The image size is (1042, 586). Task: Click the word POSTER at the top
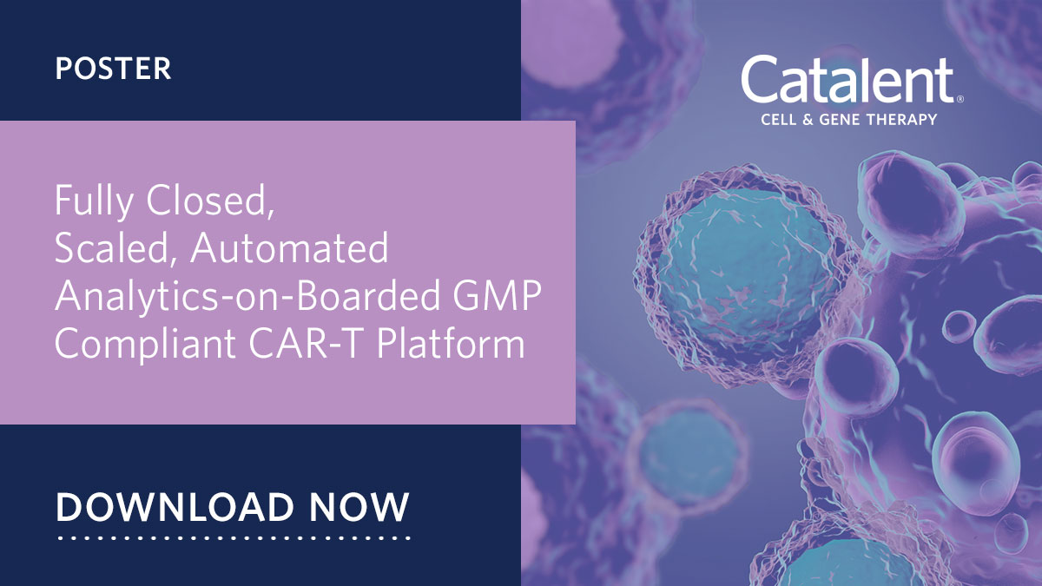(113, 69)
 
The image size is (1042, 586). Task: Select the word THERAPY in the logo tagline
(903, 119)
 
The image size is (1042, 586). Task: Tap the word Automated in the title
(290, 250)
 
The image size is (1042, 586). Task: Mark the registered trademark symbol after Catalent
(959, 100)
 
